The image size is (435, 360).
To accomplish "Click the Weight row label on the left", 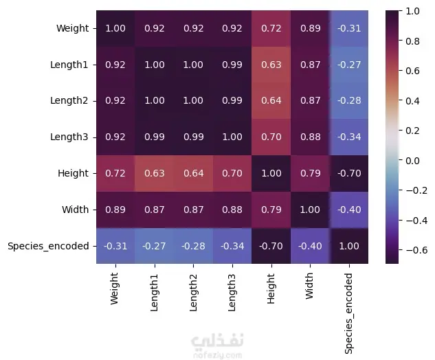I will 73,29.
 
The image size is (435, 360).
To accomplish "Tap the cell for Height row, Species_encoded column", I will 348,173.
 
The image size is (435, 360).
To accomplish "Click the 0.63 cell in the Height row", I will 154,173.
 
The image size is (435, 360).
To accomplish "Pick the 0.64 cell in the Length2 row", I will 270,101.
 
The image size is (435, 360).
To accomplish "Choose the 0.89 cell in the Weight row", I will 309,29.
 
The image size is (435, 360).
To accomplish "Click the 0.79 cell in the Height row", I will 309,173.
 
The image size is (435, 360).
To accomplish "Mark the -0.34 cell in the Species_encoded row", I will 232,246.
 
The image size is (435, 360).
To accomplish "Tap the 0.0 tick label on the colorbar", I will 414,160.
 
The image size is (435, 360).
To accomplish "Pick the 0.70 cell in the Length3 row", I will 270,137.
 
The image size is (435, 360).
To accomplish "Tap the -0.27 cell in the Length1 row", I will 348,65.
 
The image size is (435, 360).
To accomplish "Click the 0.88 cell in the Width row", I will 232,210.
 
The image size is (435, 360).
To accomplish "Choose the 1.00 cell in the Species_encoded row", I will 348,246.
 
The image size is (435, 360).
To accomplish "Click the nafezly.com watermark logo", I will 217,346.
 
